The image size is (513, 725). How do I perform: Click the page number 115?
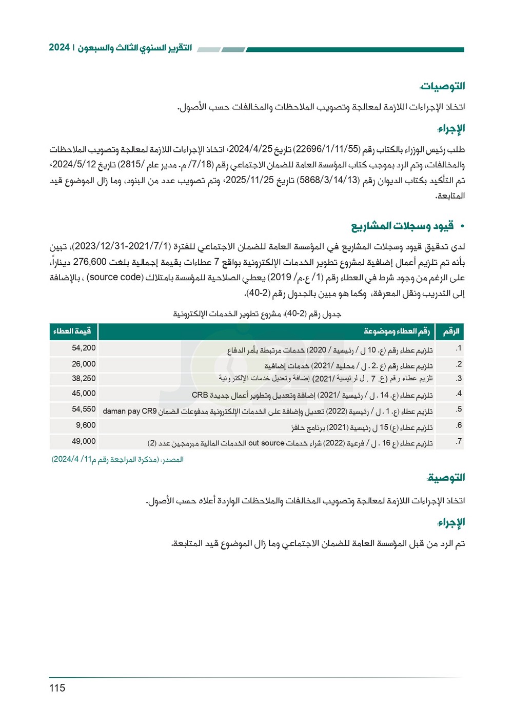[57, 688]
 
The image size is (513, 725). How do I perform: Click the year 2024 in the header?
[59, 48]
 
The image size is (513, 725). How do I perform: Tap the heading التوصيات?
[442, 86]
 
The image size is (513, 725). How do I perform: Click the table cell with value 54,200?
[84, 348]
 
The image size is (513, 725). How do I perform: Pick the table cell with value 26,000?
[84, 364]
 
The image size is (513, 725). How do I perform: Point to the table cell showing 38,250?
[84, 378]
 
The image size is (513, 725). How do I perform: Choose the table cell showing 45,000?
[84, 394]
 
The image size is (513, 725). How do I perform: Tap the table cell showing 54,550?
[84, 409]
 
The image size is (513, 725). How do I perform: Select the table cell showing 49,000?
[84, 441]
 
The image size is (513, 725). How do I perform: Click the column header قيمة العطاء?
[72, 331]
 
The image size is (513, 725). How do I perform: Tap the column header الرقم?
[451, 331]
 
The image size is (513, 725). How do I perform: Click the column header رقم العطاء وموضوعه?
[397, 331]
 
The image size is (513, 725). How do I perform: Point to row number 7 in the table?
[459, 441]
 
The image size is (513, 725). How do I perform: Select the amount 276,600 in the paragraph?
[90, 262]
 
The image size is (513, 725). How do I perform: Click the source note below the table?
[117, 459]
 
